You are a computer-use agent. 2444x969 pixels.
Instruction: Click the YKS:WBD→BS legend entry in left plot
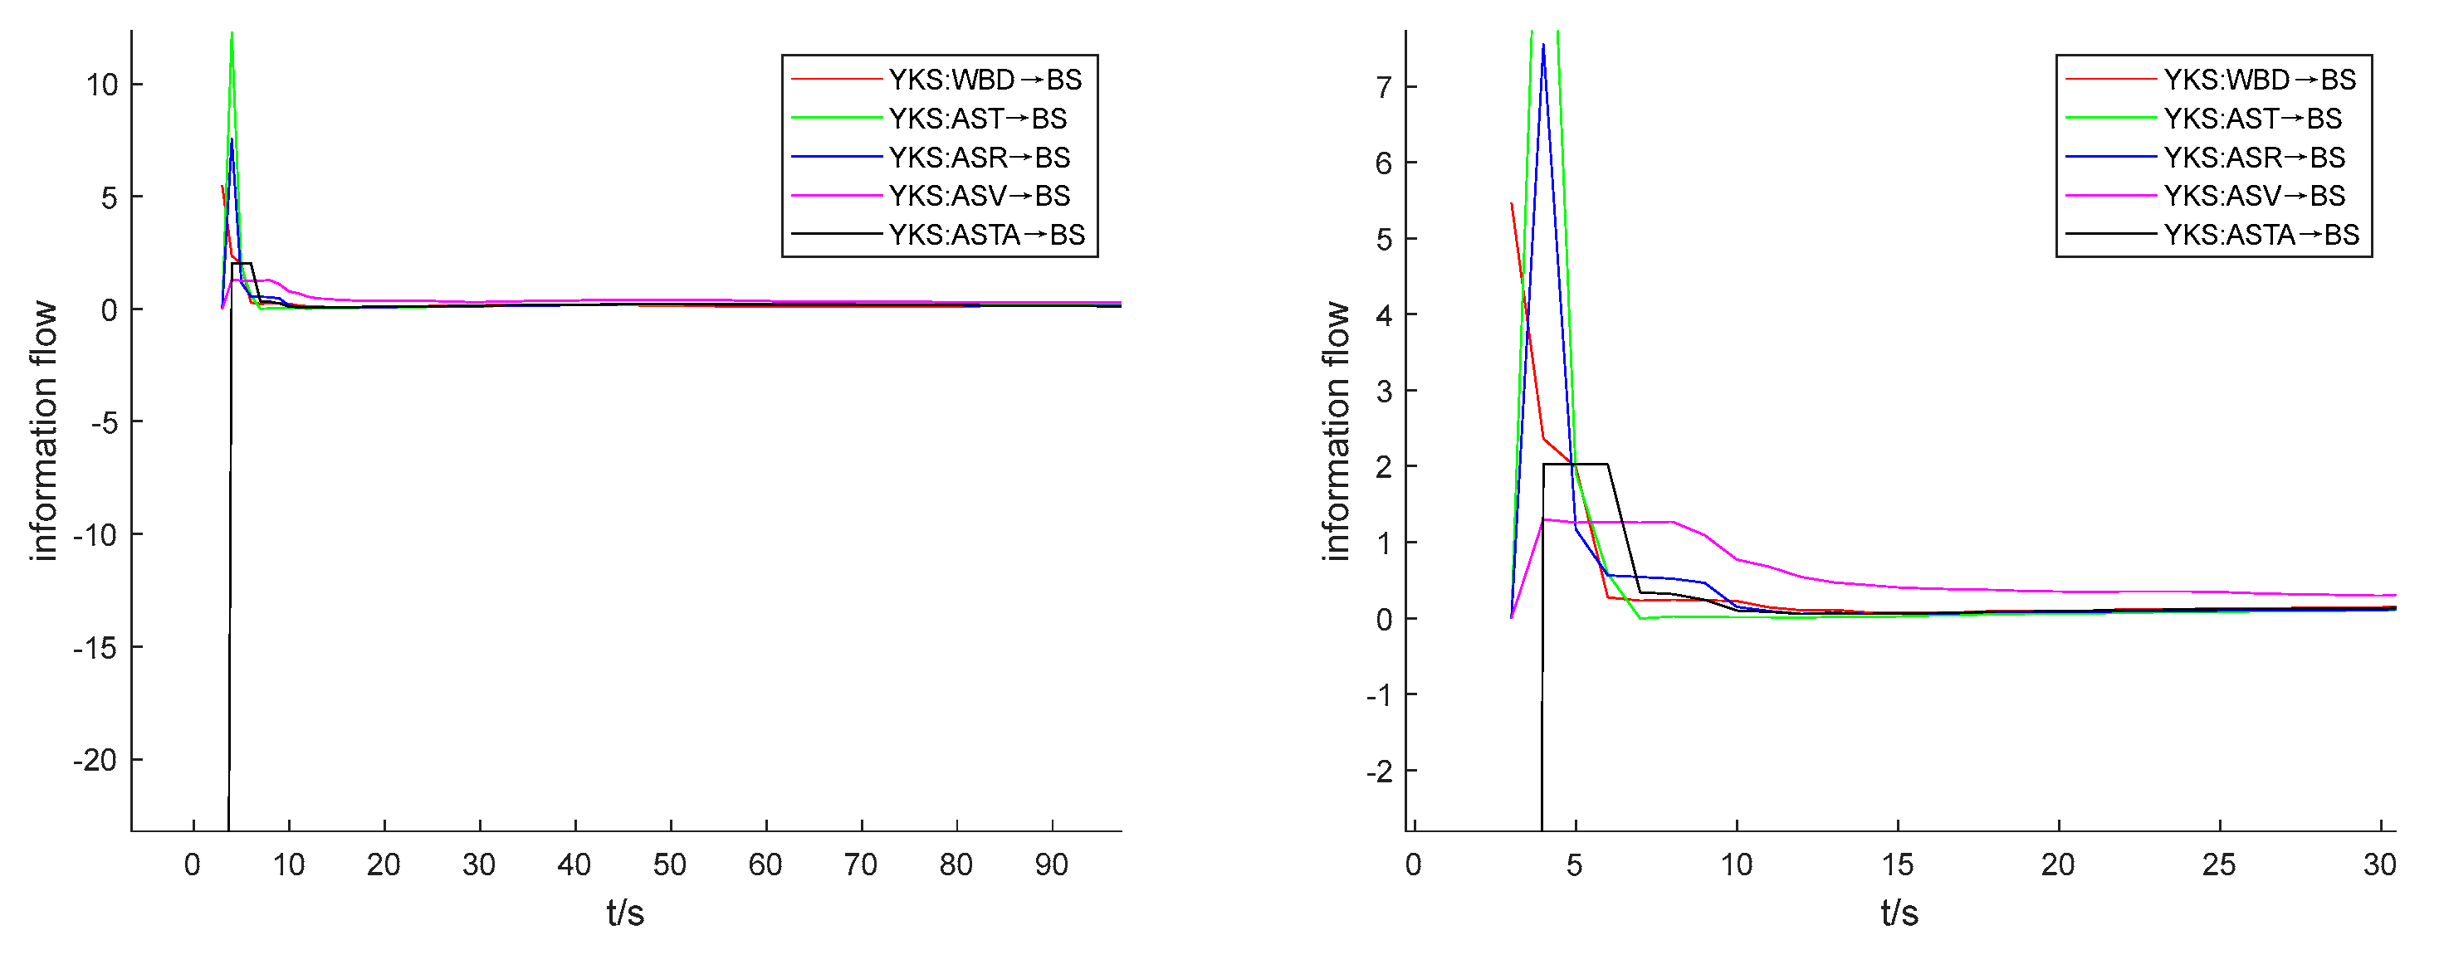coord(984,80)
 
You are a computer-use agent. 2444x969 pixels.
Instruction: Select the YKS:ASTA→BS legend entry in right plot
coord(2260,234)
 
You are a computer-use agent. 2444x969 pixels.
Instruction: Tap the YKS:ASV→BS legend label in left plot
coord(978,195)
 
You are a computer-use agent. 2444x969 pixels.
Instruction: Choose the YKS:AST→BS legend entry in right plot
coord(2251,119)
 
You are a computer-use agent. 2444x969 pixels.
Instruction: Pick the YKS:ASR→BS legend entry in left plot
coord(978,157)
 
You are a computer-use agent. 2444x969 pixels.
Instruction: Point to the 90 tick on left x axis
coord(1051,864)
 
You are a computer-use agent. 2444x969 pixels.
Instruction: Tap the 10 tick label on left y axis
coord(101,85)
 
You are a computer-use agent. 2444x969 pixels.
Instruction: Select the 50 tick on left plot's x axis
coord(670,864)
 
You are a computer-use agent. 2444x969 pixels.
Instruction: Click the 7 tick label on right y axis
coord(1384,88)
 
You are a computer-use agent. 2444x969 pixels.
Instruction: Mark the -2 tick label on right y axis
coord(1379,772)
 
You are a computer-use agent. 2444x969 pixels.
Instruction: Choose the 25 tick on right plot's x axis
coord(2219,864)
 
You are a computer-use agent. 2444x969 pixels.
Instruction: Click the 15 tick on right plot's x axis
coord(1897,864)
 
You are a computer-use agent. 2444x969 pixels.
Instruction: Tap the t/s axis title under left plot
coord(625,913)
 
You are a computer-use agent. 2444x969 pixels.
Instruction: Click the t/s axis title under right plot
coord(1899,913)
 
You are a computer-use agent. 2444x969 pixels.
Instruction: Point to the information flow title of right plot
coord(1335,431)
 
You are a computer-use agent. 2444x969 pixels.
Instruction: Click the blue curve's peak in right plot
coord(1543,46)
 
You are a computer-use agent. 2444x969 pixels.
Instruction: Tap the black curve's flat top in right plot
coord(1575,464)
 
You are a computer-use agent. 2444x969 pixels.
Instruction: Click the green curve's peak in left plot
coord(232,36)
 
